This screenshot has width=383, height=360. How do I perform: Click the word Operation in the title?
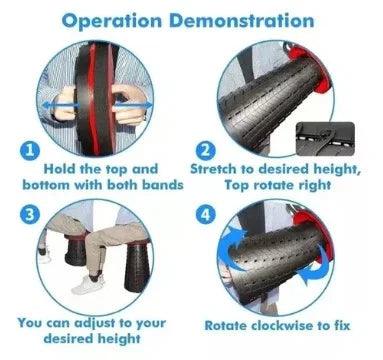[112, 21]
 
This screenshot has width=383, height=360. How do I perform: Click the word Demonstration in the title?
[242, 20]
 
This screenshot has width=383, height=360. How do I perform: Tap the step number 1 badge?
[30, 151]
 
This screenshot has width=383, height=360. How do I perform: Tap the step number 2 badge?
[206, 151]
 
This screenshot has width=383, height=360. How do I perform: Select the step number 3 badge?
[30, 215]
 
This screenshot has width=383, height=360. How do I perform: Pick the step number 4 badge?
[205, 214]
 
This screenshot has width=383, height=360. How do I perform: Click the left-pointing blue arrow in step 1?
[61, 106]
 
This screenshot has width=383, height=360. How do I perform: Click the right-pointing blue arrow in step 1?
[132, 106]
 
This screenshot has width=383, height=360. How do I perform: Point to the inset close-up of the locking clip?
[325, 139]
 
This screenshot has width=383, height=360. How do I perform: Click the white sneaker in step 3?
[87, 284]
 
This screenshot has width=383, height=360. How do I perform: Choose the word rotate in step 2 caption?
[275, 185]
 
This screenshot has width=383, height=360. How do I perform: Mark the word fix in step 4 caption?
[341, 325]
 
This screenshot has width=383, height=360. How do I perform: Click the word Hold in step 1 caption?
[60, 169]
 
